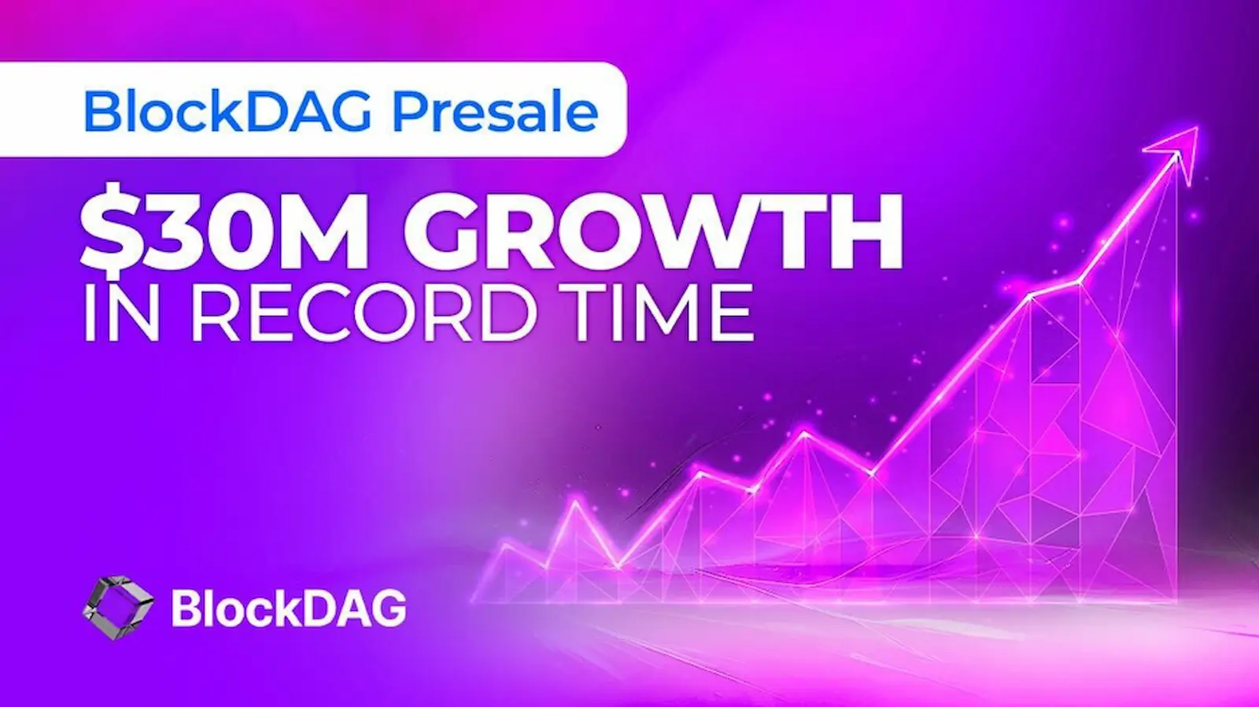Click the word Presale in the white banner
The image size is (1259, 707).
[x=495, y=112]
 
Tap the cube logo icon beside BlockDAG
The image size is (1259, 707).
[x=118, y=607]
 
